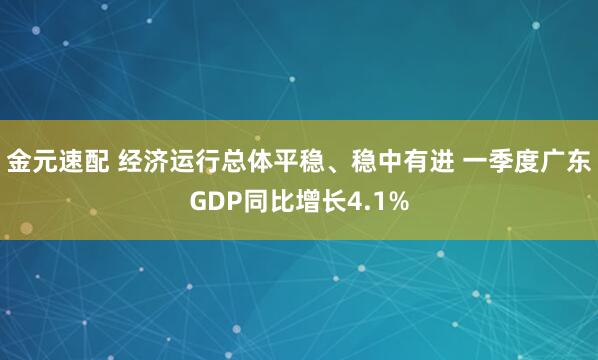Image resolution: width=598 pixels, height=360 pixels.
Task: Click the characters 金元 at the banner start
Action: (31, 163)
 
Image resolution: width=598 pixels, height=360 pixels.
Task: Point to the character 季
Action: (495, 163)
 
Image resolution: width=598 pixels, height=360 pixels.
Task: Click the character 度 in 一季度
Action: (520, 163)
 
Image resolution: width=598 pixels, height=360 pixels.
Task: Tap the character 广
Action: (545, 163)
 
